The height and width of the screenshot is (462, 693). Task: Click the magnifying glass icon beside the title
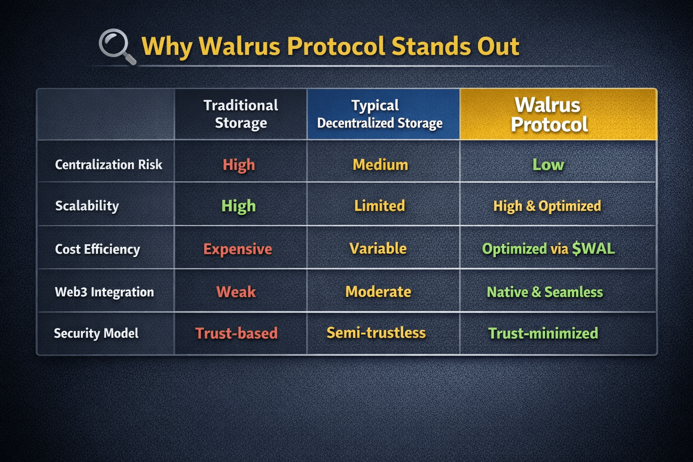[117, 46]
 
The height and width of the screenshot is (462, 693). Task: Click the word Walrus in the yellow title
[240, 46]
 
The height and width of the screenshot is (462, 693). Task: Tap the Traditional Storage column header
[240, 114]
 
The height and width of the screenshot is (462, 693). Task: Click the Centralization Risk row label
[109, 165]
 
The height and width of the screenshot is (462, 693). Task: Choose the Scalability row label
[87, 206]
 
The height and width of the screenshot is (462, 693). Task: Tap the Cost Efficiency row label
[97, 249]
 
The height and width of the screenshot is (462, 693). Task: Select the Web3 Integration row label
[104, 292]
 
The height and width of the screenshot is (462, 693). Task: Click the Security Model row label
[96, 333]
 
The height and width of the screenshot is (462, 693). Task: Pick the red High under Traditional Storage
[239, 165]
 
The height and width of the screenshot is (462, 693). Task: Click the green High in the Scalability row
[239, 206]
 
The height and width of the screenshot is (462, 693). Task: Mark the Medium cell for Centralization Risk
[380, 165]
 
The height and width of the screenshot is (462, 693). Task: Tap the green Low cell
[548, 165]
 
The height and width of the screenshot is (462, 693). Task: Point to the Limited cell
[379, 206]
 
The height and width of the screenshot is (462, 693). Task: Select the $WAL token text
[593, 249]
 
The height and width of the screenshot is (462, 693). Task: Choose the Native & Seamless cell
[545, 292]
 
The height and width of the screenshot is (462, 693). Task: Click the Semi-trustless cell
[376, 333]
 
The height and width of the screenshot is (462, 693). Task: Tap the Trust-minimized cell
[543, 333]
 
